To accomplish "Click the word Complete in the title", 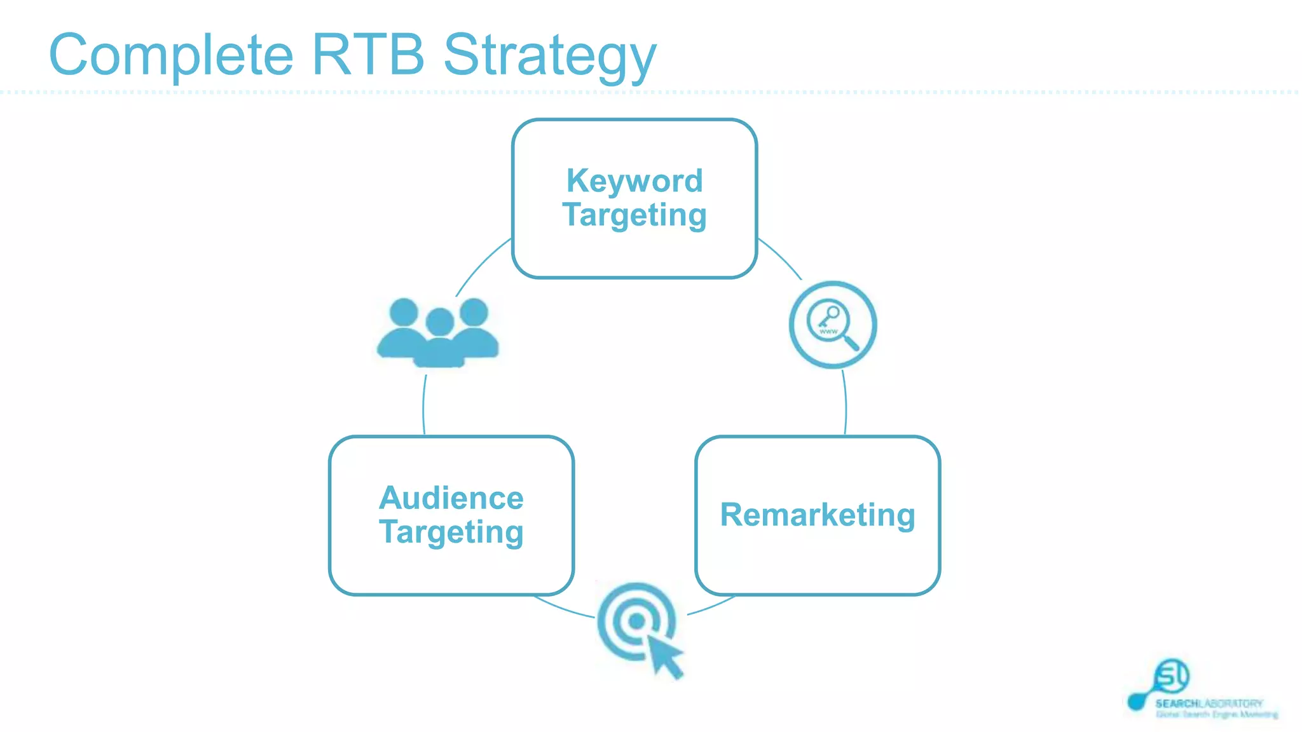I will (170, 56).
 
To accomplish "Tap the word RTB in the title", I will (367, 55).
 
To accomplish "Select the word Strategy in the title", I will (549, 57).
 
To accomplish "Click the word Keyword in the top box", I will (634, 181).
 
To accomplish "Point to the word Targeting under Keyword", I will (634, 215).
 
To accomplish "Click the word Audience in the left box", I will (451, 498).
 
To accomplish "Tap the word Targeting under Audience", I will (451, 532).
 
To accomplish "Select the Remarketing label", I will (818, 515).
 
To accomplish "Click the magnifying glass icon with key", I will (832, 324).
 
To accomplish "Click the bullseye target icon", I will (636, 621).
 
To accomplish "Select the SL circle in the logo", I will (1171, 676).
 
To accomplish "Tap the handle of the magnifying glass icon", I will (850, 342).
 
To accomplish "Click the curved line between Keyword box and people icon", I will (481, 265).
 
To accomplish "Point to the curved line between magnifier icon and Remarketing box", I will (846, 403).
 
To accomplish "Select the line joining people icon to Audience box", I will (424, 407).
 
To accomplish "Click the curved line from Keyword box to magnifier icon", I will (781, 257).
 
